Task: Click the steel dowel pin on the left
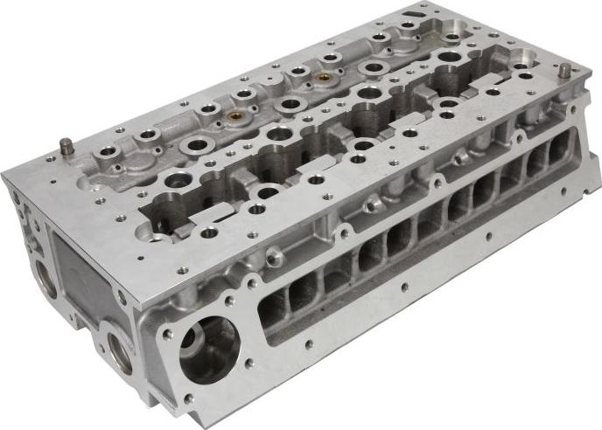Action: point(65,143)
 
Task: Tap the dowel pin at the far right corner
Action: point(564,69)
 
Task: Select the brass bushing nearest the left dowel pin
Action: point(233,115)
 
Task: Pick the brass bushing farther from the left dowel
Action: point(324,77)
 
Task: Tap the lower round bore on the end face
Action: point(115,348)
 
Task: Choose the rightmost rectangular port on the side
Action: point(558,151)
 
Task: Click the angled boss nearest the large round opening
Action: point(273,256)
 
